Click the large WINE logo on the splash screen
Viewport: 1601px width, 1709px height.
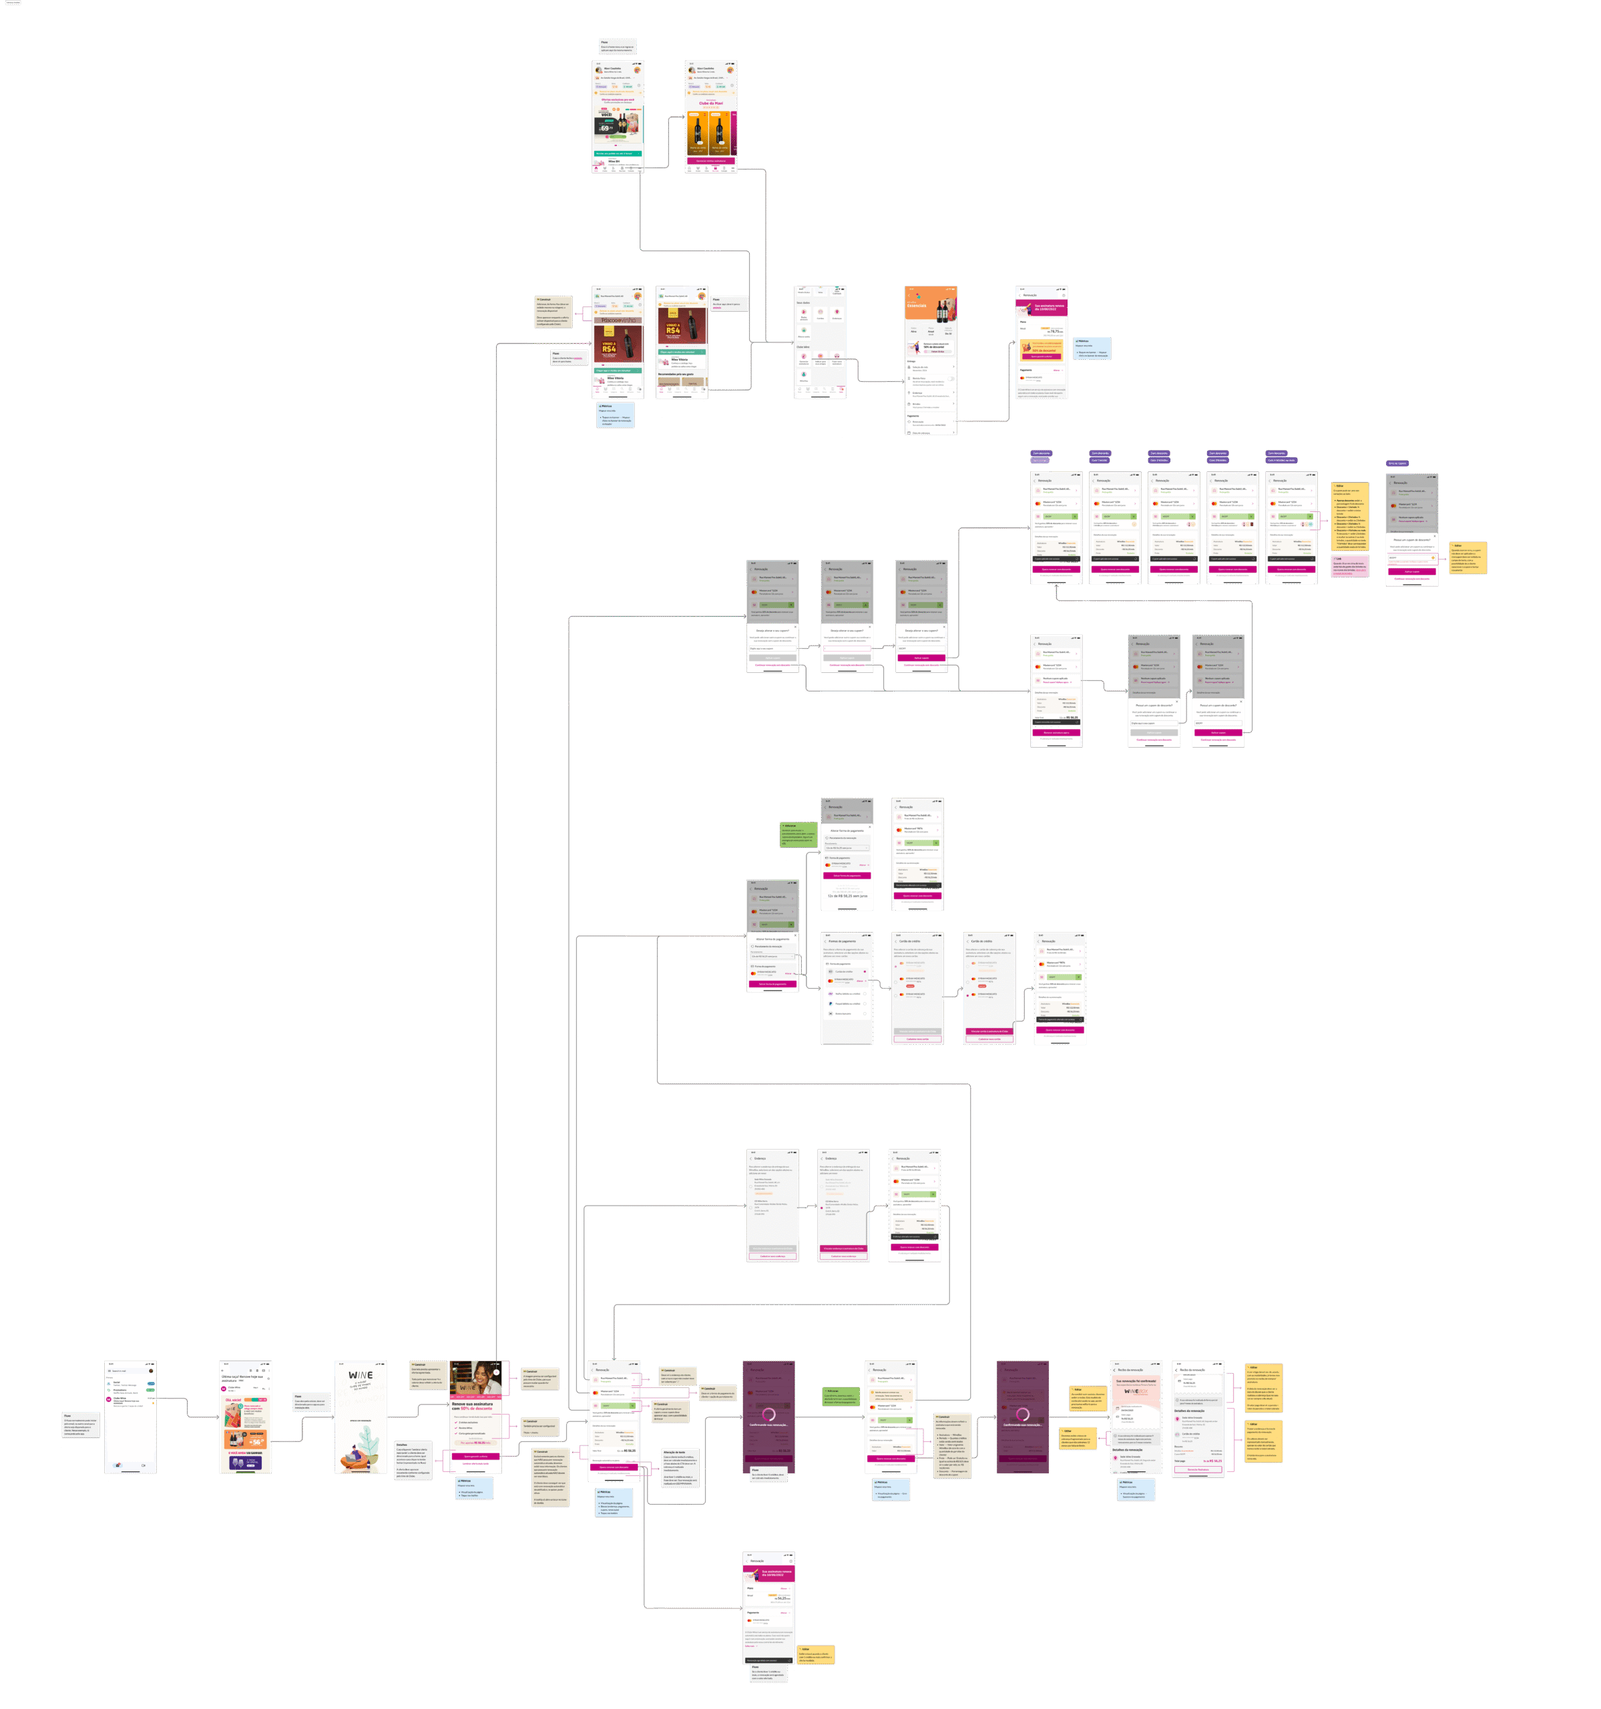361,1375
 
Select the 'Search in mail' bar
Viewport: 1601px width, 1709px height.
129,1371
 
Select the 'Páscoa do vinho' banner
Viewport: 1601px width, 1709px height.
618,320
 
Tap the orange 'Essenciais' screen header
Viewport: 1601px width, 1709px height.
930,304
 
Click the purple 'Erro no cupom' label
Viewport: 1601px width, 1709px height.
1397,463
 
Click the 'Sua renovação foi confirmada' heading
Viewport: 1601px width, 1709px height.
1136,1381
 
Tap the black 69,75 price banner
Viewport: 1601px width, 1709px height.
606,128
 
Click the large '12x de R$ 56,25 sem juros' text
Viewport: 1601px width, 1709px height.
847,896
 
